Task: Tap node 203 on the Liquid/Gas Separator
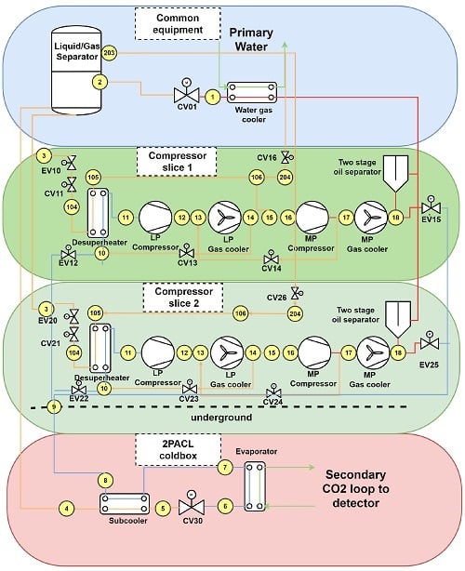109,53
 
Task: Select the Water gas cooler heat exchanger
252,92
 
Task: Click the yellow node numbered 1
213,97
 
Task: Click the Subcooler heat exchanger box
125,504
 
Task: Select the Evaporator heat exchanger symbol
255,486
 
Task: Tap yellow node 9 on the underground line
54,406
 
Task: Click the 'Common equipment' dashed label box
178,23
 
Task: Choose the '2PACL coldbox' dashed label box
178,450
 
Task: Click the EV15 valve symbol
432,206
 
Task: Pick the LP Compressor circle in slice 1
155,218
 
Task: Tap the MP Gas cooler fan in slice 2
373,352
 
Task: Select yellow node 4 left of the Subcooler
67,509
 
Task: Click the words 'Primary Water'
251,39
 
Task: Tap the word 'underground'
221,418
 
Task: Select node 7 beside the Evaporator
225,467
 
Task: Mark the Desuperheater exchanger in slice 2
100,348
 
